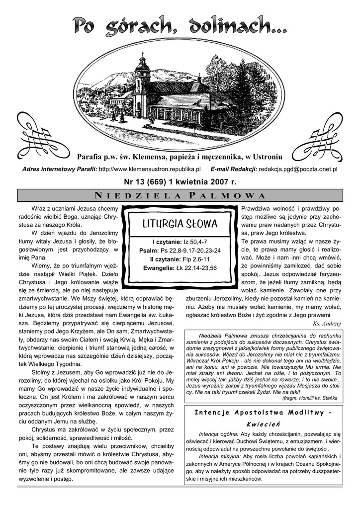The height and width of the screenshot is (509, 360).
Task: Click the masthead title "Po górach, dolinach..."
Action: (x=180, y=26)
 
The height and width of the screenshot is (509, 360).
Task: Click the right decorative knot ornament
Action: (x=321, y=134)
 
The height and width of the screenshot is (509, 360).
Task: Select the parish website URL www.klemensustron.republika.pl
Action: (x=150, y=169)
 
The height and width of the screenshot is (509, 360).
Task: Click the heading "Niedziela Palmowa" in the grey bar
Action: (x=180, y=195)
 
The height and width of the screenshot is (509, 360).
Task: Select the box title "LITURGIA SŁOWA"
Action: (x=180, y=222)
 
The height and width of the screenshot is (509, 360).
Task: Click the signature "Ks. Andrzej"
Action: (x=327, y=324)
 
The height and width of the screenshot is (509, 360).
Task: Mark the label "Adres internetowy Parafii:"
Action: (x=60, y=169)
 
